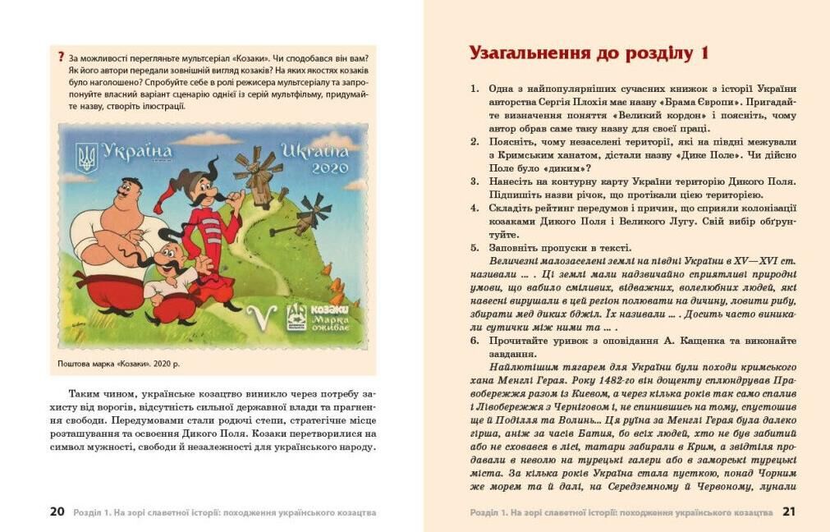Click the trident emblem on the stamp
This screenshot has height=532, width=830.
pyautogui.click(x=86, y=157)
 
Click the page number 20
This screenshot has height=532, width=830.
pyautogui.click(x=57, y=511)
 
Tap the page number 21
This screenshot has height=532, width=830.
pyautogui.click(x=789, y=511)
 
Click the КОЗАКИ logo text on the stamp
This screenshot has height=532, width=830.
pyautogui.click(x=329, y=309)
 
